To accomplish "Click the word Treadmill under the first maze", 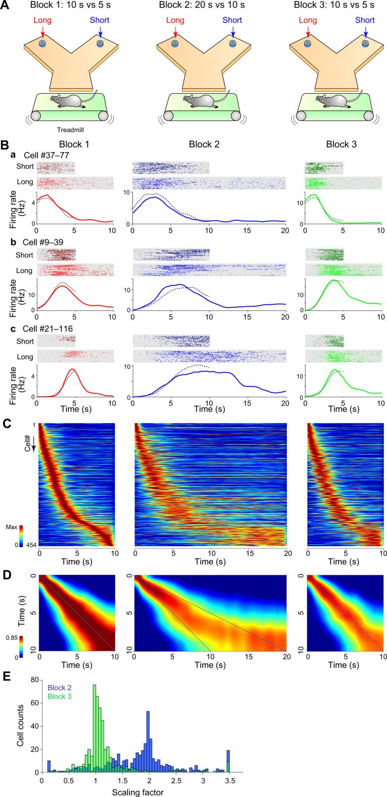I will (70, 129).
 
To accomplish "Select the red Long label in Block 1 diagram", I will (43, 20).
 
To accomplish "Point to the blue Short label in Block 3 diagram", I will (365, 20).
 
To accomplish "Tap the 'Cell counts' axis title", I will (20, 728).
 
